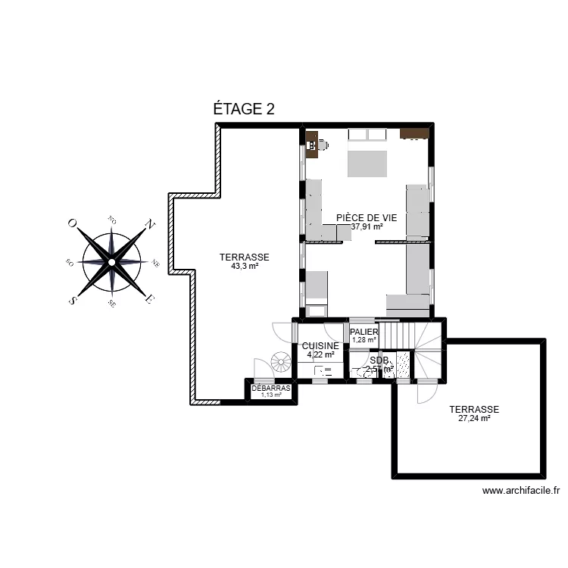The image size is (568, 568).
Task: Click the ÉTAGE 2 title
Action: click(243, 109)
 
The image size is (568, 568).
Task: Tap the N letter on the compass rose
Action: click(150, 224)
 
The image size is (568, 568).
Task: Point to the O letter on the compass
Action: click(72, 223)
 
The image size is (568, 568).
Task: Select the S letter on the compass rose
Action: click(73, 301)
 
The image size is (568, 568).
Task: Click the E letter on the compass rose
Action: click(150, 300)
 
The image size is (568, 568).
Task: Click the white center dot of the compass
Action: click(111, 262)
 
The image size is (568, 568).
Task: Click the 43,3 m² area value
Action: click(245, 266)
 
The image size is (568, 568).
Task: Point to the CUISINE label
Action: click(320, 345)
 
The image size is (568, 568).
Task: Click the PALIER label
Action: click(364, 332)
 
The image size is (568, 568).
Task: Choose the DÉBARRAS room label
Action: click(271, 388)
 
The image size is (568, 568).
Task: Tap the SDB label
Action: click(379, 360)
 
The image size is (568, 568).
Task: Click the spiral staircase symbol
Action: click(281, 364)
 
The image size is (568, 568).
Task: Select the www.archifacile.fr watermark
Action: click(520, 491)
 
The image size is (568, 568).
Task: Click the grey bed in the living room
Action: click(367, 161)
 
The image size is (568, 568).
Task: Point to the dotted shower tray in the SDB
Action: click(402, 364)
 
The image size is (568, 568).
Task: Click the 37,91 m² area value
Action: click(367, 226)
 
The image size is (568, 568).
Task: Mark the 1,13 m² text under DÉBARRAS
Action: click(270, 395)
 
